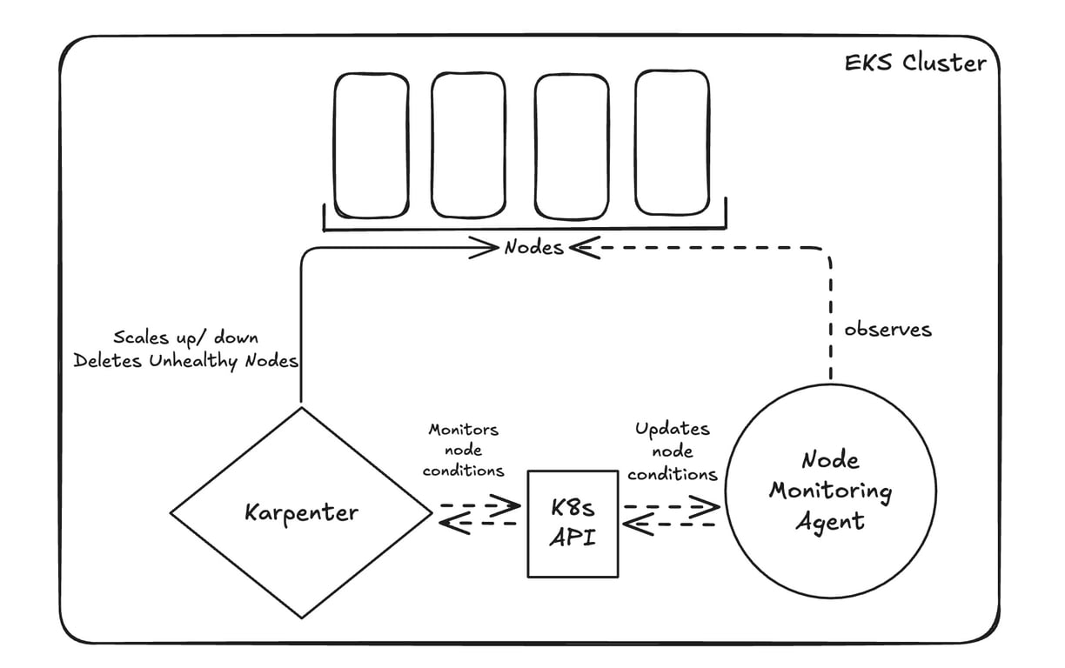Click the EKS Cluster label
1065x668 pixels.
[915, 63]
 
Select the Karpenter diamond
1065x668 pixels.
[300, 512]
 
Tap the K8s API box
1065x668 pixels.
[573, 522]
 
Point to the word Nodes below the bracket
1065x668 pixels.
[533, 248]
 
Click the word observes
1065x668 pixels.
[887, 330]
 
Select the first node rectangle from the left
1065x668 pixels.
[372, 144]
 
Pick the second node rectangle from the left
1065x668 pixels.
[468, 144]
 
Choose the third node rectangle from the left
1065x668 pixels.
[571, 144]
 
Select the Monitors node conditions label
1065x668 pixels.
[463, 450]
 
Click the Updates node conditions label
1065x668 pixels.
[672, 451]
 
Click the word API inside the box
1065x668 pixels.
[573, 537]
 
